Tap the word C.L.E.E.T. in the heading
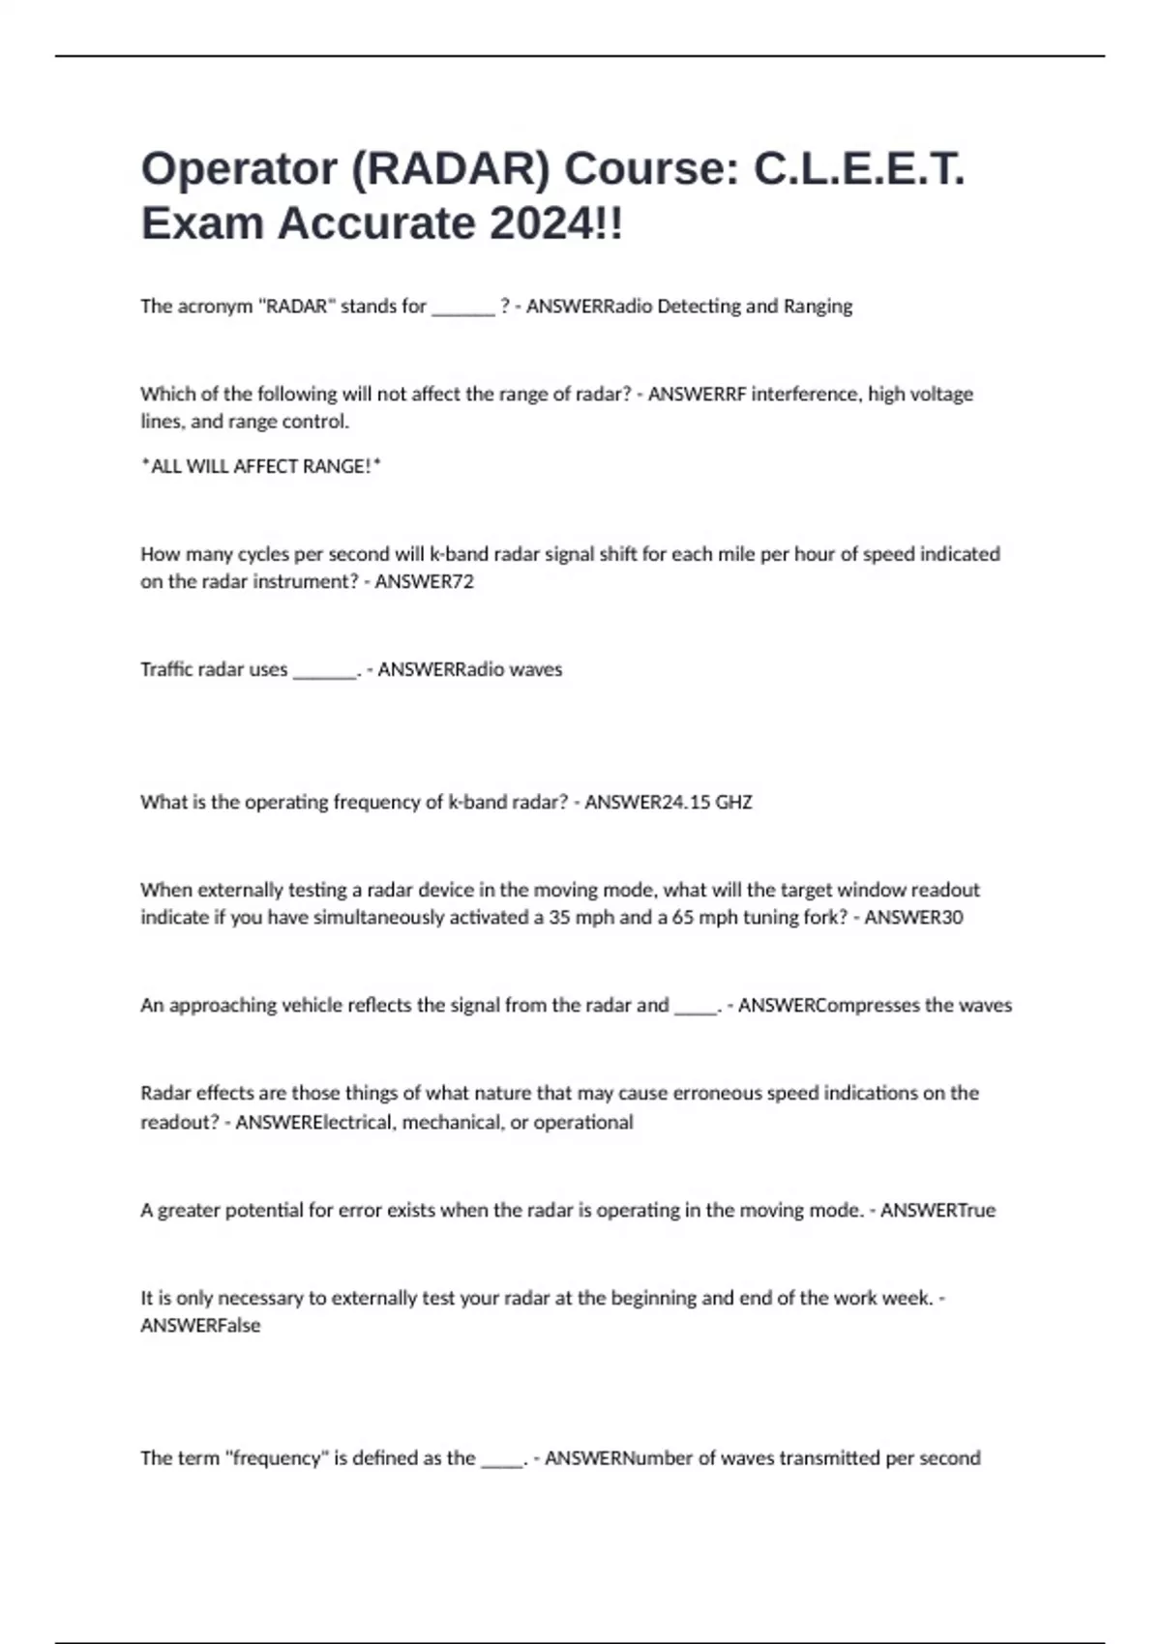858,169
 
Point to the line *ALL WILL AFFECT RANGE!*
261,466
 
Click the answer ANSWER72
424,581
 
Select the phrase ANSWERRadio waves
469,669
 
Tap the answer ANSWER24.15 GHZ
668,802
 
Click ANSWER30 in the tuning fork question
912,917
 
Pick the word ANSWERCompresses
828,1005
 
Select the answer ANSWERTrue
937,1210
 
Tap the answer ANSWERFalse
200,1325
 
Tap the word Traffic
165,669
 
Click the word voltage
945,394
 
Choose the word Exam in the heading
202,224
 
